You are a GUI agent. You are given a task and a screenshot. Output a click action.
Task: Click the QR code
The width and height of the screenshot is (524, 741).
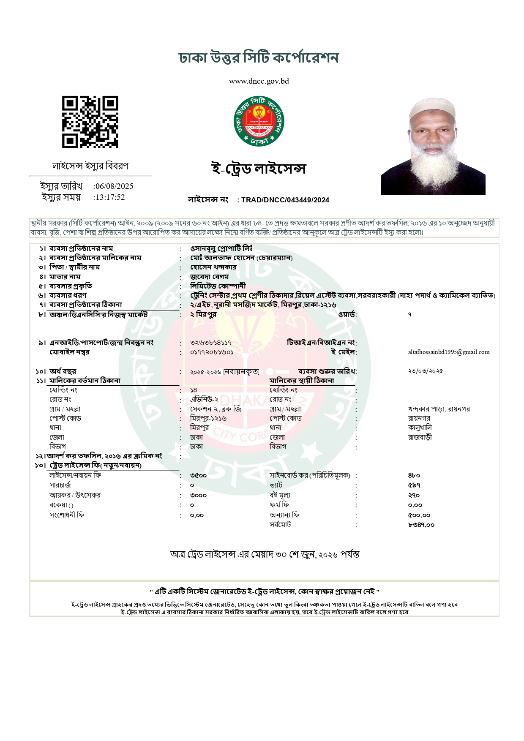pos(90,122)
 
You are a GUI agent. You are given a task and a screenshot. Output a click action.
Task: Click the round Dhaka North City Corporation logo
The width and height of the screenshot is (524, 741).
pos(259,121)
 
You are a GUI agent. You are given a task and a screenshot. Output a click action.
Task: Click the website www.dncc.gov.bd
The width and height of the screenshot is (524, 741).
pos(259,81)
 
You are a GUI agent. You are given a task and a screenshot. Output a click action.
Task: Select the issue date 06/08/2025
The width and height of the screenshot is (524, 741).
pos(114,186)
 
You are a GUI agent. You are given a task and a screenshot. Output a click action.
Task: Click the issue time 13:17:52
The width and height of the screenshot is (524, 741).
pos(109,197)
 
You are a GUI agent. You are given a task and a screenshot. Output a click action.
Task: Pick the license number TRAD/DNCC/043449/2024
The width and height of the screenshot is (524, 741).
pos(285,200)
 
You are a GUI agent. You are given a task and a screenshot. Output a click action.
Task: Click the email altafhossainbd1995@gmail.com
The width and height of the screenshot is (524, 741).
pos(449,352)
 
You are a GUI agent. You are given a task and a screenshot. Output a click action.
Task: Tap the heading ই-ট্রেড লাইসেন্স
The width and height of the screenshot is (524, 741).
pos(259,169)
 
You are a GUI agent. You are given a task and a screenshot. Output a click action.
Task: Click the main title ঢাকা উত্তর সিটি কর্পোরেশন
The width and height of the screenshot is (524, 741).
pos(259,58)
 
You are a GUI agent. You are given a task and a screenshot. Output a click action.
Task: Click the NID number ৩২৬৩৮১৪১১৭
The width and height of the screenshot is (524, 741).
pos(210,343)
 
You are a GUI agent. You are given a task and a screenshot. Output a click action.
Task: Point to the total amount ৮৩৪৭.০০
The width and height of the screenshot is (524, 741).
pos(421,525)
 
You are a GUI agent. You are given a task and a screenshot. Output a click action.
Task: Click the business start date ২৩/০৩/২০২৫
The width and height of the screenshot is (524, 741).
pos(425,371)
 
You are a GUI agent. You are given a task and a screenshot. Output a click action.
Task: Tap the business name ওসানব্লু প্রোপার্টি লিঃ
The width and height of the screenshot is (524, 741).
pos(221,248)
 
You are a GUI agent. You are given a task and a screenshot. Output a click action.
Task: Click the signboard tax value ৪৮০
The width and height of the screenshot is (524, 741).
pos(414,476)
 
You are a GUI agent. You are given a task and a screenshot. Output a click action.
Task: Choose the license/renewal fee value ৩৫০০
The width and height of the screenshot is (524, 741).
pos(198,476)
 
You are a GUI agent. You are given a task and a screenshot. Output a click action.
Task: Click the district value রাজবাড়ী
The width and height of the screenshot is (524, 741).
pos(420,437)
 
